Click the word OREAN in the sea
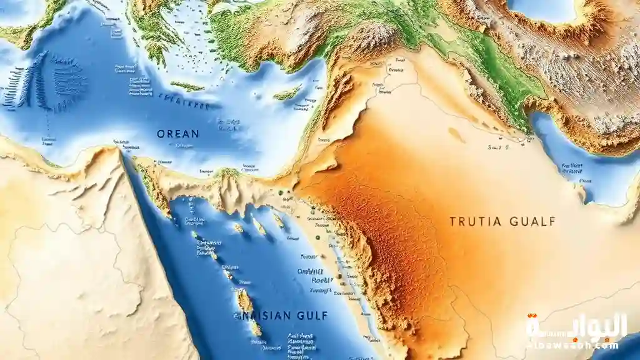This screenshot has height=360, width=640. tap(178, 134)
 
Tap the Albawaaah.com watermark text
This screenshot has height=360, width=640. tap(574, 345)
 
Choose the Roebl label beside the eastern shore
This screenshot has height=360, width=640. tap(320, 281)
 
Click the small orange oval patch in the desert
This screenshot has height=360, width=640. tap(457, 135)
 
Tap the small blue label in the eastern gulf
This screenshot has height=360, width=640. tap(571, 167)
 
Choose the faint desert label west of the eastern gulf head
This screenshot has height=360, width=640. tap(497, 148)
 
